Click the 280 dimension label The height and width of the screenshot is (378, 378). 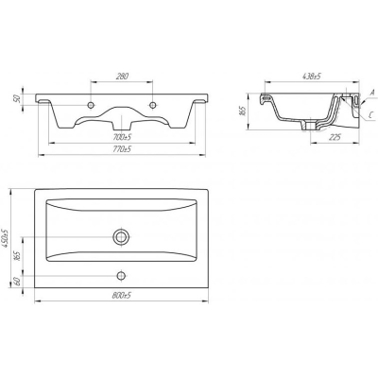[122, 76]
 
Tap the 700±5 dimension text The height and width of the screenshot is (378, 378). [123, 137]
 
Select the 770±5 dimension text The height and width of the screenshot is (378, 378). [122, 149]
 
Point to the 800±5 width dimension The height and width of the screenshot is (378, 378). [121, 296]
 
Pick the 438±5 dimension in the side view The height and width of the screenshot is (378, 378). [312, 77]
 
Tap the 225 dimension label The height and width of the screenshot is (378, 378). [335, 137]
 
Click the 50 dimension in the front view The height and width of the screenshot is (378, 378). [18, 98]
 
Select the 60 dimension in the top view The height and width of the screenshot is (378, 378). [18, 280]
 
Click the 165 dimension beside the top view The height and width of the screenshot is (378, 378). [18, 256]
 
